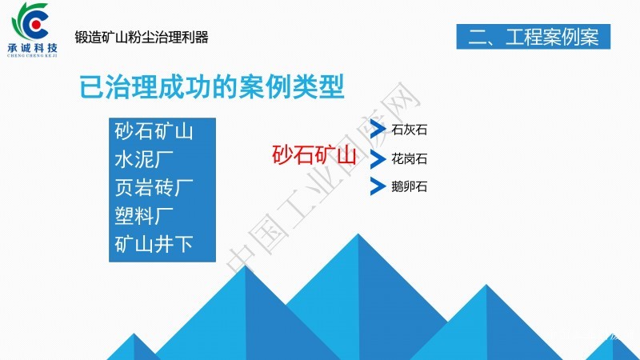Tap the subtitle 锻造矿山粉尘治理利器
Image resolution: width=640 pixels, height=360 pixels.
(142, 37)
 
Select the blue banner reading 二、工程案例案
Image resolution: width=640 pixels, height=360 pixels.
(533, 37)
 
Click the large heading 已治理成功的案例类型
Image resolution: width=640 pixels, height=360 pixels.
(212, 86)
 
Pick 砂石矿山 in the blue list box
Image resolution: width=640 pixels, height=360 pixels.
(154, 131)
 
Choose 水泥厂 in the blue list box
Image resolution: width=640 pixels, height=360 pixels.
(144, 159)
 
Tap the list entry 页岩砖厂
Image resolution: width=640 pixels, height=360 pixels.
(154, 188)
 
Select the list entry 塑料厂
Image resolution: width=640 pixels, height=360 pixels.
(144, 216)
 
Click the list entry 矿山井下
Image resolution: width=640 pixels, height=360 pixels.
(154, 244)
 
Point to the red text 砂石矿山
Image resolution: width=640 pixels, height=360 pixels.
(314, 155)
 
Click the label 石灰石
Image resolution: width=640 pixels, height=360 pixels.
(409, 130)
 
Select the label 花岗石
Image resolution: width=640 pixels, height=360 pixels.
(409, 158)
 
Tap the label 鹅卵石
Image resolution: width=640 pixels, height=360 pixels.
(409, 186)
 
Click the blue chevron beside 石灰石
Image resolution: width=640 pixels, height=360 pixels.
(378, 130)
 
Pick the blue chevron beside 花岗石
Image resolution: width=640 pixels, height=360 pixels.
(378, 158)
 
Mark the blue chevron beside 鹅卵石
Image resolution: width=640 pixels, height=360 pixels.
(378, 186)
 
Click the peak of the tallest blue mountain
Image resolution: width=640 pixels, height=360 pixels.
(358, 234)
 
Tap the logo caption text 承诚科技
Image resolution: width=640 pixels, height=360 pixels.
(33, 48)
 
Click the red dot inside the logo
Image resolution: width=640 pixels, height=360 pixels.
(36, 25)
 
